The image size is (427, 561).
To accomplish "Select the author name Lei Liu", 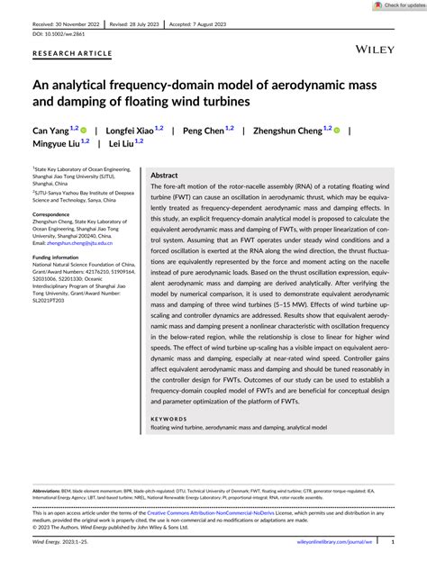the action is point(123,143).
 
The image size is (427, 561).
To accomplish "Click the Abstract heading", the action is point(164,176).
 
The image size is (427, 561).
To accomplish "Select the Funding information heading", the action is point(59,257).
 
